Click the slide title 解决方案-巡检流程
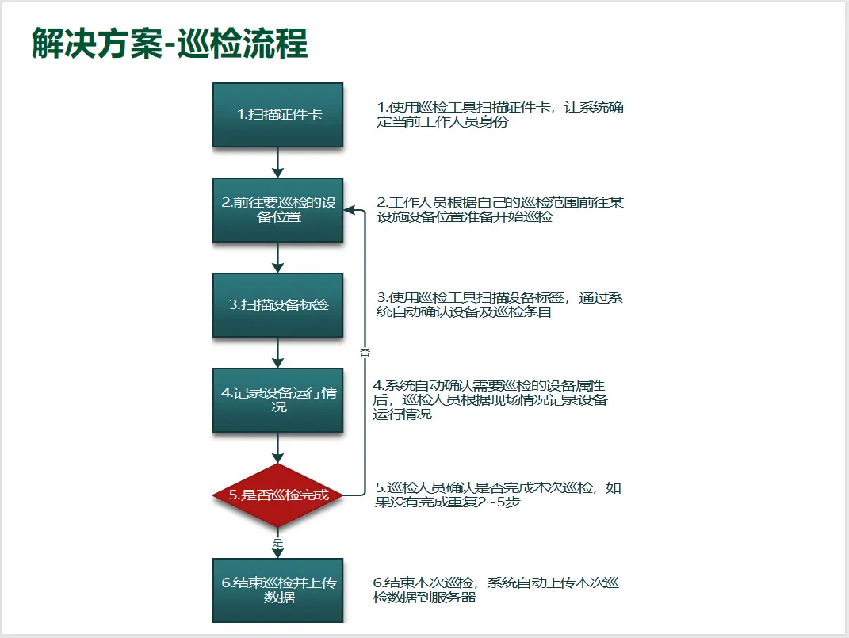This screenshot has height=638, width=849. pyautogui.click(x=170, y=43)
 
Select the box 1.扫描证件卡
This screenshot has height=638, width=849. pyautogui.click(x=277, y=115)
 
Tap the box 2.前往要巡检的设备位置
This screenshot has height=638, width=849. pyautogui.click(x=277, y=210)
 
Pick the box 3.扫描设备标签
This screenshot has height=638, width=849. pyautogui.click(x=277, y=305)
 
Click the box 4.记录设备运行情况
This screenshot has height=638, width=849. pyautogui.click(x=277, y=400)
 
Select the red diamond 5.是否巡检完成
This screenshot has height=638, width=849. pyautogui.click(x=277, y=495)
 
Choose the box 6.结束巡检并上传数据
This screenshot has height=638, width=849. pyautogui.click(x=277, y=590)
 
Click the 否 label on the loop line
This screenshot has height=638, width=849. pyautogui.click(x=365, y=352)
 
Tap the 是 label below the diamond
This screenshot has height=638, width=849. pyautogui.click(x=277, y=543)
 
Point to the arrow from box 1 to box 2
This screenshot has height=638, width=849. pyautogui.click(x=277, y=162)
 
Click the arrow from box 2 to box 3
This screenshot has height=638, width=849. pyautogui.click(x=277, y=258)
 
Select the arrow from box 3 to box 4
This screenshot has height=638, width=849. pyautogui.click(x=277, y=353)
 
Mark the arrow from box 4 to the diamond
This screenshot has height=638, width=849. pyautogui.click(x=277, y=448)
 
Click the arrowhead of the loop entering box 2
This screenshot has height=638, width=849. pyautogui.click(x=350, y=210)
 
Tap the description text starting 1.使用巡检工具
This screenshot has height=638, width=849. pyautogui.click(x=499, y=114)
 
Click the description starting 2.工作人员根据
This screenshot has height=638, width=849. pyautogui.click(x=499, y=209)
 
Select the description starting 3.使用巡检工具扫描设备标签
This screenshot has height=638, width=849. pyautogui.click(x=499, y=304)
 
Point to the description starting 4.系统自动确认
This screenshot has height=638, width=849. pyautogui.click(x=490, y=400)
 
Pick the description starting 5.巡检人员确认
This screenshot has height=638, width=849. pyautogui.click(x=498, y=495)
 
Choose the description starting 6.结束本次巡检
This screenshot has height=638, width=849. pyautogui.click(x=495, y=590)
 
